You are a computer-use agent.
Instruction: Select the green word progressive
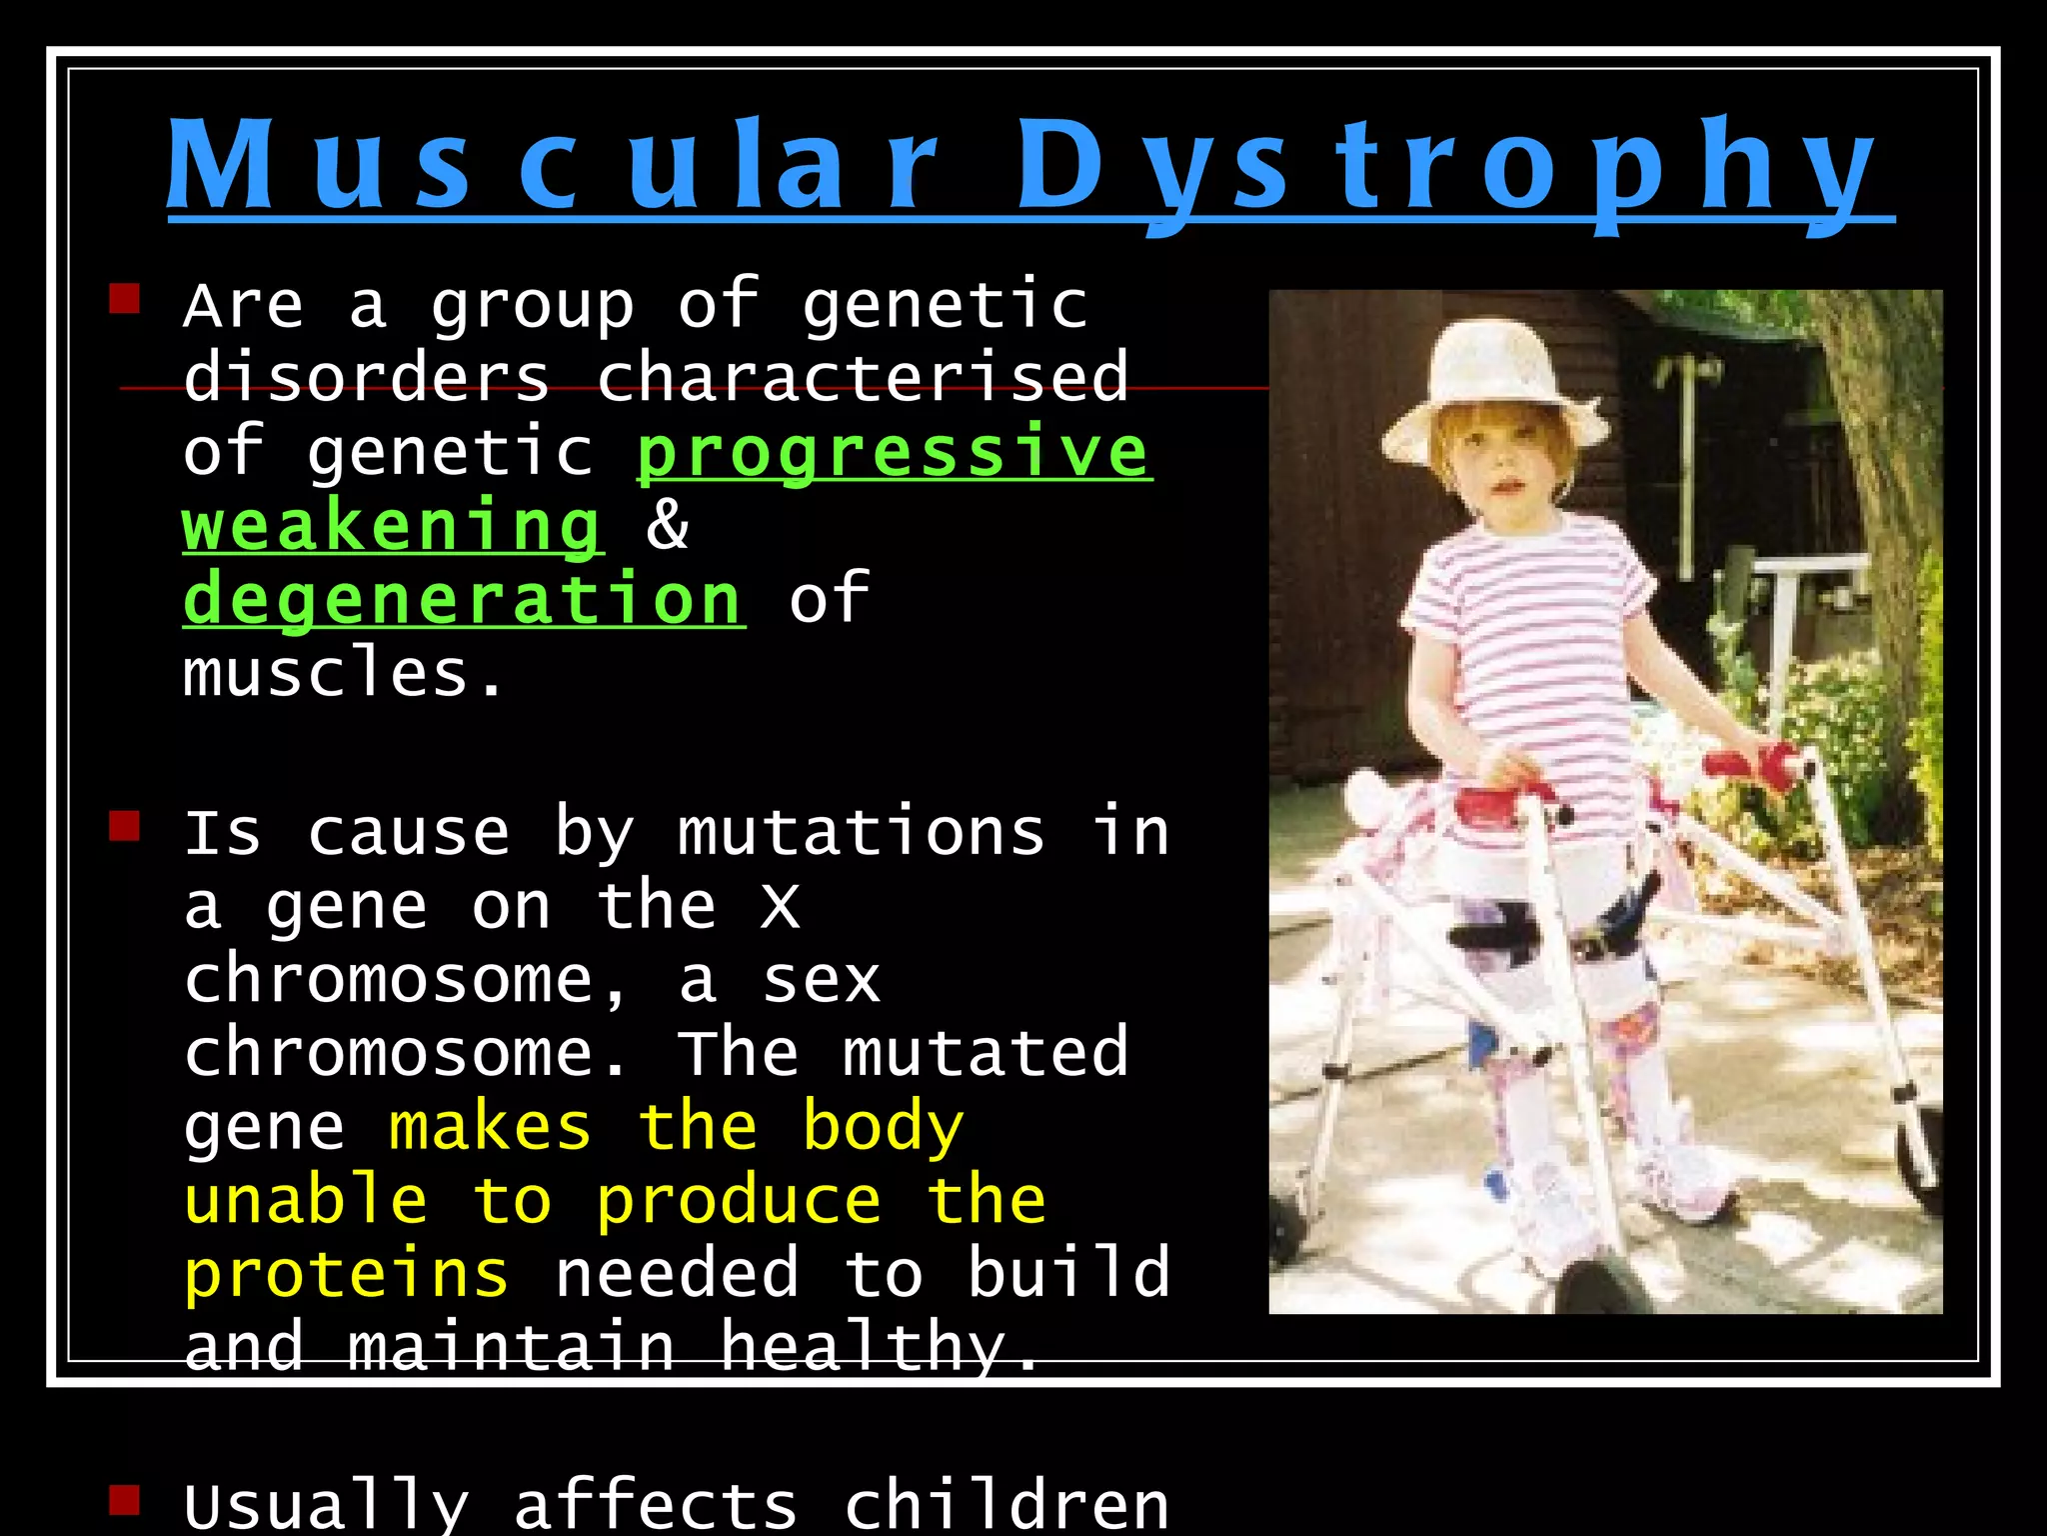[x=894, y=452]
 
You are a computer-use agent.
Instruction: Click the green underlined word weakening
[x=392, y=526]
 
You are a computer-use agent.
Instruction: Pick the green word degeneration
[x=463, y=599]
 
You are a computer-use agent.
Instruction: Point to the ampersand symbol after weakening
[x=667, y=524]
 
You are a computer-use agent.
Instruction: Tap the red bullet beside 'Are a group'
[x=124, y=298]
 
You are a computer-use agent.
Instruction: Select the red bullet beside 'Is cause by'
[x=124, y=826]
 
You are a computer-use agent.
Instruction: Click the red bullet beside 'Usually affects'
[x=124, y=1499]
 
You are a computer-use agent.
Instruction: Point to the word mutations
[x=861, y=833]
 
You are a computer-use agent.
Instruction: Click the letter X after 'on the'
[x=780, y=907]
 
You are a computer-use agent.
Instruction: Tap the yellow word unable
[x=306, y=1200]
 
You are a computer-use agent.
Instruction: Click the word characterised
[x=862, y=378]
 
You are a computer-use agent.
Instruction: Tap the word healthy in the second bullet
[x=861, y=1346]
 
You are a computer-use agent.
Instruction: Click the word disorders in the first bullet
[x=366, y=378]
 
